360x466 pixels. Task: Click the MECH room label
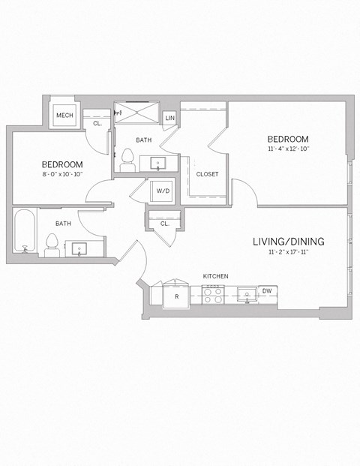point(64,116)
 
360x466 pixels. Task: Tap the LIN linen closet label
point(169,119)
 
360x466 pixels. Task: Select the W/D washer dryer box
point(163,191)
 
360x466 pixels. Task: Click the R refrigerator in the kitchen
point(175,296)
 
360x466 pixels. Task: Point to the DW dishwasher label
point(266,291)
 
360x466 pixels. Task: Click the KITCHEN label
point(215,276)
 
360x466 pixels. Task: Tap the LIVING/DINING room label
point(288,241)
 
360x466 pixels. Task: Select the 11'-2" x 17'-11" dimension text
point(288,253)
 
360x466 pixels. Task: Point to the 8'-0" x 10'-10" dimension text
point(61,174)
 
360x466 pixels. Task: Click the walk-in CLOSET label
point(207,174)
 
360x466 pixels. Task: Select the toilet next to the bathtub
point(52,243)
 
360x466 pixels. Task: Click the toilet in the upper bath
point(127,160)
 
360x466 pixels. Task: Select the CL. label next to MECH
point(97,123)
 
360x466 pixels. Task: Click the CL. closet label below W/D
point(164,223)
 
